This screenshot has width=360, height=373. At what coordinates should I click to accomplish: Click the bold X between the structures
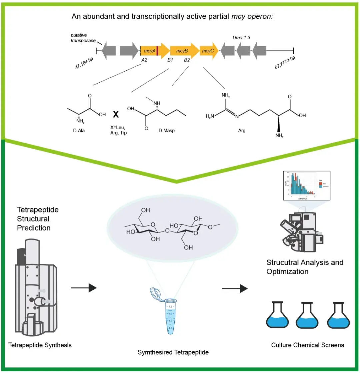point(116,115)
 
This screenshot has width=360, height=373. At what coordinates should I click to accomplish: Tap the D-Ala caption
point(79,130)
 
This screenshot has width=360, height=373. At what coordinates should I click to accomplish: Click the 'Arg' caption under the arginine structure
point(242,131)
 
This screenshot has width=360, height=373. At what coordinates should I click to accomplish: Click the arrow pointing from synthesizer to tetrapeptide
point(83,288)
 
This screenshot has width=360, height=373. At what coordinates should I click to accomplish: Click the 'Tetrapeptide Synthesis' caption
point(40,345)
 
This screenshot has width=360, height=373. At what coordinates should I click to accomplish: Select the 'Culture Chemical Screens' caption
point(308,345)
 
